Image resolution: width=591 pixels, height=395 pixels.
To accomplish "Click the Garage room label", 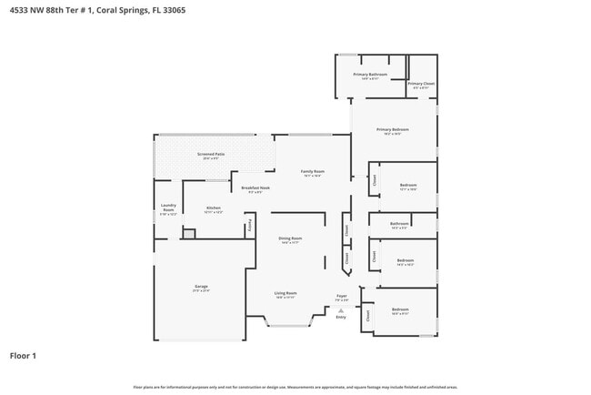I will (x=201, y=288).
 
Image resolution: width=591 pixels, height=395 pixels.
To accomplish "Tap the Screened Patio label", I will (x=211, y=156).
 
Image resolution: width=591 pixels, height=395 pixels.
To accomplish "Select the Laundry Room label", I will (x=168, y=208).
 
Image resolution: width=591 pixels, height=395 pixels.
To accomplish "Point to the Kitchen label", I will (x=214, y=209).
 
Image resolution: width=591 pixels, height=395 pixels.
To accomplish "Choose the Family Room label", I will (x=313, y=172).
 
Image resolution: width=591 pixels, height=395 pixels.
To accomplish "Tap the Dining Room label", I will (x=290, y=239).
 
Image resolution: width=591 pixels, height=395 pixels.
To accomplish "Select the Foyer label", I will (x=342, y=297).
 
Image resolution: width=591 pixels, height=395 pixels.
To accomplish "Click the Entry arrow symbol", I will (x=342, y=310).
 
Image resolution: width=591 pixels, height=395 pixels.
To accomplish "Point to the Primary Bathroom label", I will (x=371, y=76).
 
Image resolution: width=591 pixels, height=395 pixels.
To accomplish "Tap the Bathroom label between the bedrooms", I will (x=399, y=224).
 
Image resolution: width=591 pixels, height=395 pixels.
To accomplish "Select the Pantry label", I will (x=249, y=224).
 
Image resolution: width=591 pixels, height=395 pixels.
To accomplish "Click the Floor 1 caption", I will (x=23, y=355).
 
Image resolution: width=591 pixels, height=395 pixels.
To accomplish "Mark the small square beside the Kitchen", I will (x=188, y=234).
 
